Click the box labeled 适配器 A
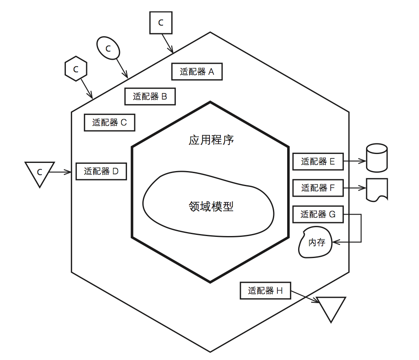coord(197,72)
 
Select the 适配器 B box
coord(150,96)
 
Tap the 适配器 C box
coord(109,122)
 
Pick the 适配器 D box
coord(101,171)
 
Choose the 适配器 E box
coord(318,161)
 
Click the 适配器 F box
coord(318,188)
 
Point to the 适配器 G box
coord(318,214)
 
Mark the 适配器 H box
coord(265,291)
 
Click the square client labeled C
coord(161,23)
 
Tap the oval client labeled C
coord(108,48)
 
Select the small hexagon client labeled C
coord(76,69)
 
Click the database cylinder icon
coord(377,158)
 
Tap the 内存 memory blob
coord(315,242)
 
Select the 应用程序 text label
coord(211,140)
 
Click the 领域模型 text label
coord(211,206)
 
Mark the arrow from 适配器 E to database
coord(355,161)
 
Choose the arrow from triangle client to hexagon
coord(60,172)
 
